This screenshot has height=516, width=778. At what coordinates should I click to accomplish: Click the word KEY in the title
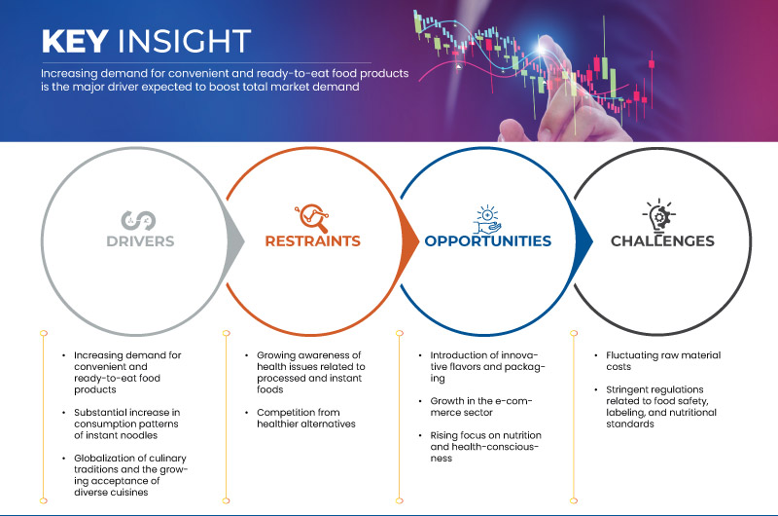click(x=75, y=41)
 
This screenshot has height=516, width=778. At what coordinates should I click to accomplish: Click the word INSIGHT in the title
click(x=184, y=41)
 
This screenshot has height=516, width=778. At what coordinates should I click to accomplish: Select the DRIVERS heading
click(x=140, y=241)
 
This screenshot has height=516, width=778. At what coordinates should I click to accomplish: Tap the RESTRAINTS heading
click(x=312, y=240)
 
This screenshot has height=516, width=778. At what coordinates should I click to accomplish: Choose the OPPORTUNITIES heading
click(x=488, y=240)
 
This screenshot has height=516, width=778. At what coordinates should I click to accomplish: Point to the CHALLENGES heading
click(x=662, y=240)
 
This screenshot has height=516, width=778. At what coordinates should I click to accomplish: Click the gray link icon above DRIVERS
click(x=138, y=220)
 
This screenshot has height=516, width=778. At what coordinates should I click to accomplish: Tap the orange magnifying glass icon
click(x=312, y=217)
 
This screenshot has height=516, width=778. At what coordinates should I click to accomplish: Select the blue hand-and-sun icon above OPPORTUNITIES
click(x=487, y=219)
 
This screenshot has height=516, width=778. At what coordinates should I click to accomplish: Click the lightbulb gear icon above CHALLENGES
click(x=659, y=215)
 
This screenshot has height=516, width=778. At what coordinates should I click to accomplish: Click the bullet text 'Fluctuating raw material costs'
click(x=663, y=361)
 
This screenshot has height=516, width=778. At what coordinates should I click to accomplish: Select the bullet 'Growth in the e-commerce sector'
click(x=480, y=407)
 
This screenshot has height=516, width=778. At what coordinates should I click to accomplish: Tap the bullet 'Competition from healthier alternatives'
click(x=306, y=419)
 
